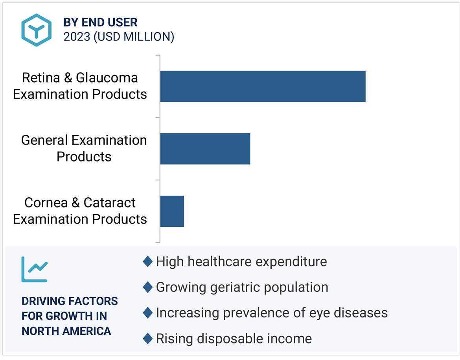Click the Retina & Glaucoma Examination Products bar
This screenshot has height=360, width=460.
coord(263,86)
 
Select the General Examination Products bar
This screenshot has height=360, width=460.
coord(205,149)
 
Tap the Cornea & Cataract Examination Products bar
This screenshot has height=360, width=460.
coord(172,211)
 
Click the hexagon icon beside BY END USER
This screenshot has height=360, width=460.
coord(37,30)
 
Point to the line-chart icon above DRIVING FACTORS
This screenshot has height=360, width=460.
coord(35,269)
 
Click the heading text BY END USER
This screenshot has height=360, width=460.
coord(101,22)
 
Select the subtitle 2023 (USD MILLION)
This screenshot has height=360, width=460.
coord(119,37)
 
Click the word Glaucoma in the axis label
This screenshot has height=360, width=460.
coord(107,78)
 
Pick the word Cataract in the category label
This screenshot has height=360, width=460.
coord(109,203)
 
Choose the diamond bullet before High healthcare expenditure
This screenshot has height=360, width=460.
coord(147,261)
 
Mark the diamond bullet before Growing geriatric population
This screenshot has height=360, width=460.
coord(147,287)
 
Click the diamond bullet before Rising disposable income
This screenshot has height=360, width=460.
coord(147,338)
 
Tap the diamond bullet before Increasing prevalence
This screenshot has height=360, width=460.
coord(147,313)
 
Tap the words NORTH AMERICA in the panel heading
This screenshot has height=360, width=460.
coord(66,331)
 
